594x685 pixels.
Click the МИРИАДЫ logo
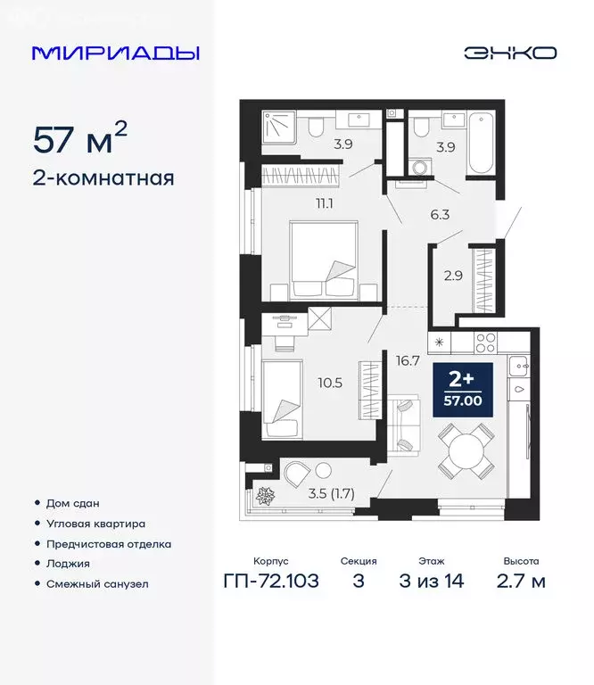115,53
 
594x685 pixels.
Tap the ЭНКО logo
509,53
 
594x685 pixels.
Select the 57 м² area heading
79,138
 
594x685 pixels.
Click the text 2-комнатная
103,177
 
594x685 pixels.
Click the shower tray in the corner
281,128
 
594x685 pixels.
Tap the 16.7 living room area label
408,361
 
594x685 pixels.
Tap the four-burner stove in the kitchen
485,341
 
